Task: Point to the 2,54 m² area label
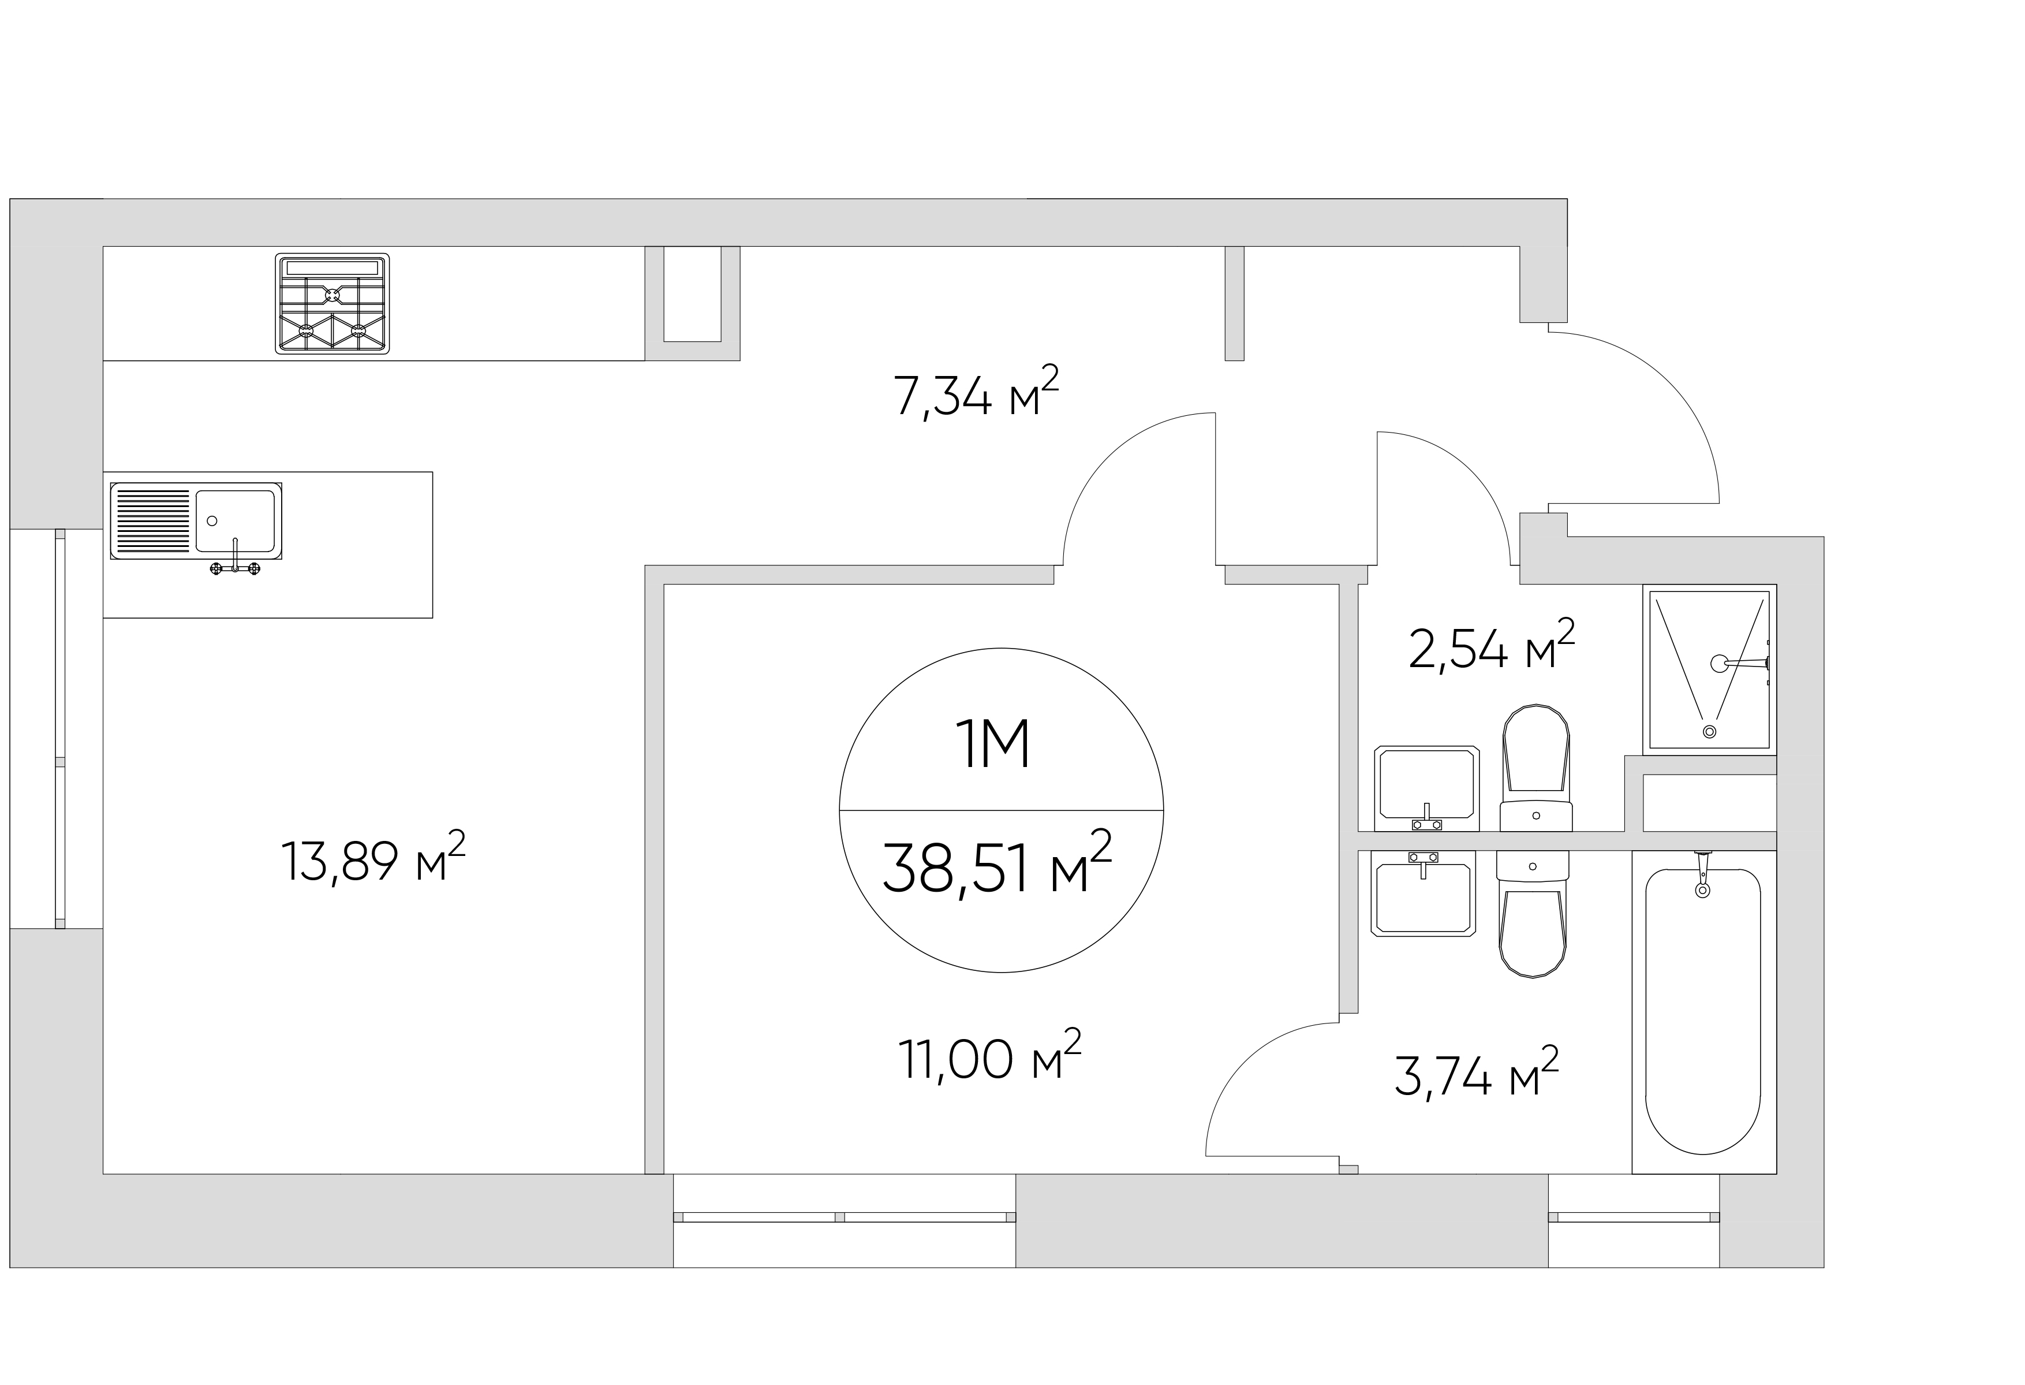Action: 1492,645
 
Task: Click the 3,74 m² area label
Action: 1476,1073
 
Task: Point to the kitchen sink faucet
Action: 236,559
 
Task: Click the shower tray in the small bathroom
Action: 1710,669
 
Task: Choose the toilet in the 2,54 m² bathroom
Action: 1536,767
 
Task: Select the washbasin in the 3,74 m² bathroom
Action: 1424,894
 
